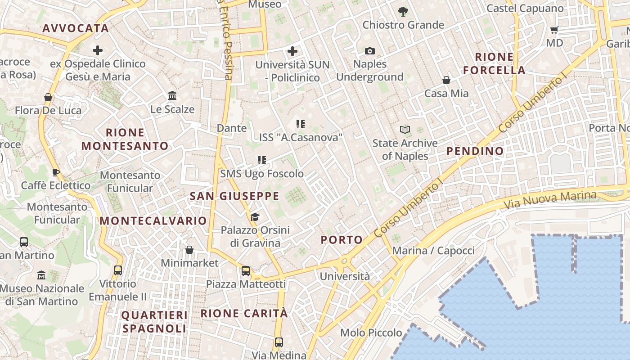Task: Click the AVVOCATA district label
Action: click(76, 28)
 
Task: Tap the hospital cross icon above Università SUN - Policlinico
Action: click(292, 51)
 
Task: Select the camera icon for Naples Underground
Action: click(369, 51)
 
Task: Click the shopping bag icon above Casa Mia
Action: click(446, 80)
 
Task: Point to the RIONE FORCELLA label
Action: click(494, 63)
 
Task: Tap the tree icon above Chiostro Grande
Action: click(403, 12)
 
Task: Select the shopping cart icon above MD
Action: click(554, 30)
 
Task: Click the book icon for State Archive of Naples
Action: click(405, 130)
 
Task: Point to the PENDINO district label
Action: click(475, 151)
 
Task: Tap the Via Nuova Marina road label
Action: click(550, 200)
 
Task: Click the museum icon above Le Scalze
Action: click(172, 96)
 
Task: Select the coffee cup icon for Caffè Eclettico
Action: click(56, 172)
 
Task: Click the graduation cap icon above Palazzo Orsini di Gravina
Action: click(255, 217)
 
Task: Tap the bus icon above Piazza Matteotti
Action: click(246, 271)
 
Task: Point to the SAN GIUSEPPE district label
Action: click(234, 196)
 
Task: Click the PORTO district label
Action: click(342, 240)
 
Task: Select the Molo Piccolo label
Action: click(371, 333)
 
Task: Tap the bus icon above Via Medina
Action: click(279, 342)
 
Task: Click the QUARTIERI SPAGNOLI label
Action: click(154, 322)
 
